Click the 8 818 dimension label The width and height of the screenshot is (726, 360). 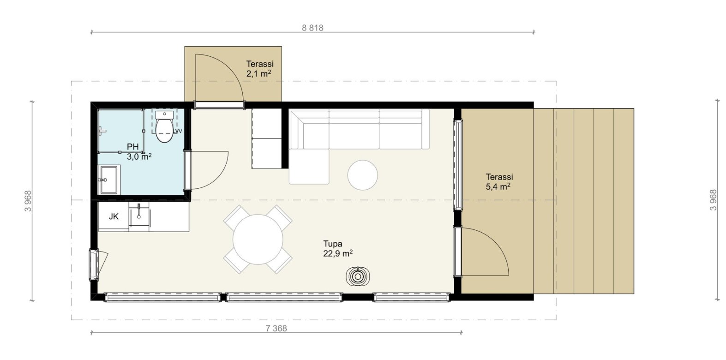pos(312,28)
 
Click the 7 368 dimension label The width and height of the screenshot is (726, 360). pos(276,329)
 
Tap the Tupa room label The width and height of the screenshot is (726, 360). pos(332,243)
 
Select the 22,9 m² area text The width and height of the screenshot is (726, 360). pos(338,253)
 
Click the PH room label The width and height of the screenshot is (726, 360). pos(133,147)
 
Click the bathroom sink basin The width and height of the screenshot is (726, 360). pos(109,180)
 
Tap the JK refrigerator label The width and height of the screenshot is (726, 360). pos(114,216)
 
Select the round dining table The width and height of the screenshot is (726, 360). pos(258,240)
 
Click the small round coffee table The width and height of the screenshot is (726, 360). pos(362,175)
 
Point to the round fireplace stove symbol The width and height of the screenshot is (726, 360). pos(358,276)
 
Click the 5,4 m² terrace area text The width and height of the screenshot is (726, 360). pos(498,187)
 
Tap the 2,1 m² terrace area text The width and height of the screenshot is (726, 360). pos(258,74)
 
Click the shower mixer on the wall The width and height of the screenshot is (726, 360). pos(102,131)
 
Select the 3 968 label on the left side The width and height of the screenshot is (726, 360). pos(28,201)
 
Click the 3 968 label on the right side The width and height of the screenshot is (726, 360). pos(714,200)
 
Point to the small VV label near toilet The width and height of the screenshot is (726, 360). pos(178,131)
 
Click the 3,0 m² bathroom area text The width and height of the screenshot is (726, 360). pos(139,157)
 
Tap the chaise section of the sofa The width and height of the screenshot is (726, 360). pos(309,167)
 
